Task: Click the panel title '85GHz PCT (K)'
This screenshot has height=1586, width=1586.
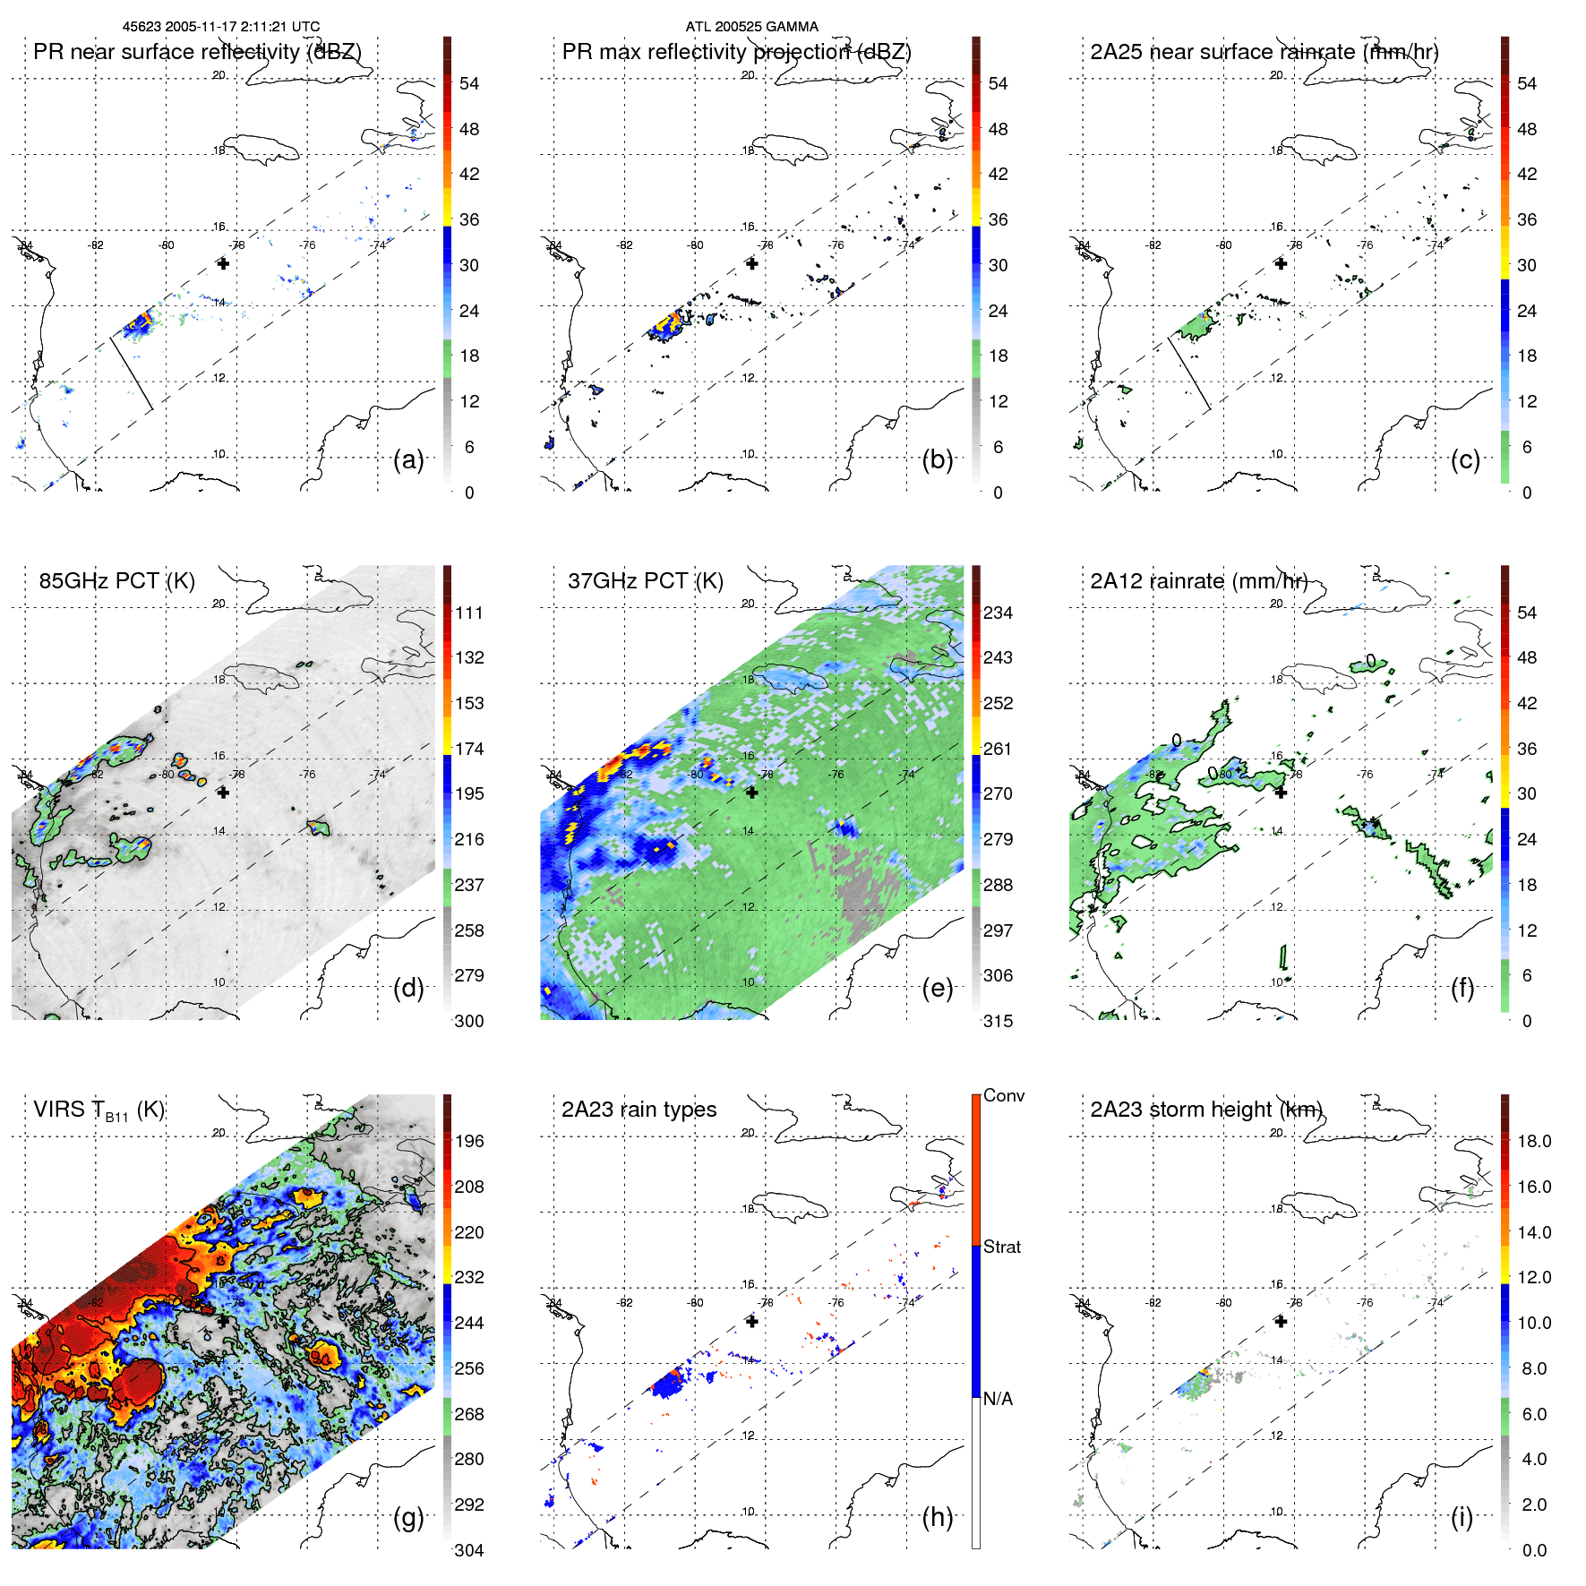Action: click(x=116, y=580)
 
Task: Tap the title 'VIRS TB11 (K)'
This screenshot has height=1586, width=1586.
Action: click(x=99, y=1110)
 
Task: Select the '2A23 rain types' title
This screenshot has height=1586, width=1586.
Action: click(x=639, y=1110)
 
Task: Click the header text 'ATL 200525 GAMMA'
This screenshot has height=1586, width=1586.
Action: click(x=751, y=26)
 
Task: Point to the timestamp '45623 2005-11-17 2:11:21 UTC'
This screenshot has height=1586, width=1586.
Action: click(x=221, y=26)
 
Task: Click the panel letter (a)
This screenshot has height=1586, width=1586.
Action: click(x=408, y=459)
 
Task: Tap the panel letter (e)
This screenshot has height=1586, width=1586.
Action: click(x=937, y=988)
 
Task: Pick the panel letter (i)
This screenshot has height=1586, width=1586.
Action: click(x=1462, y=1517)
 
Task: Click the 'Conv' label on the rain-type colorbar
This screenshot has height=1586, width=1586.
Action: click(x=1003, y=1095)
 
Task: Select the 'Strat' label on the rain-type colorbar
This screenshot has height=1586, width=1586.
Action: click(x=1001, y=1247)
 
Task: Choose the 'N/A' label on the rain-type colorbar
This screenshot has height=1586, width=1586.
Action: click(x=998, y=1399)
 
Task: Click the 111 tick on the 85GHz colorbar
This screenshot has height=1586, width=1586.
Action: click(x=469, y=613)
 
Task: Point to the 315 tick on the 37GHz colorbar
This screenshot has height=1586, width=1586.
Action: click(x=998, y=1021)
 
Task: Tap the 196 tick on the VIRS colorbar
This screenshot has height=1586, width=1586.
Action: click(x=469, y=1141)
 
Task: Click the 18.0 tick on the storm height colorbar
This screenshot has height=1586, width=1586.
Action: click(x=1533, y=1141)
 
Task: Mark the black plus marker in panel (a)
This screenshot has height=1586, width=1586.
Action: click(x=223, y=263)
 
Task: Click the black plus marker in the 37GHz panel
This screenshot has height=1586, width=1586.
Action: click(x=751, y=793)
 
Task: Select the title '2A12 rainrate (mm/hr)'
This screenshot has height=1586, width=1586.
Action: click(x=1198, y=580)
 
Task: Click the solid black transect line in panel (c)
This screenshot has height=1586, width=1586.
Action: click(x=1189, y=373)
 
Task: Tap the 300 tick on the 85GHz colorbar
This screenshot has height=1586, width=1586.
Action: click(x=469, y=1021)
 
